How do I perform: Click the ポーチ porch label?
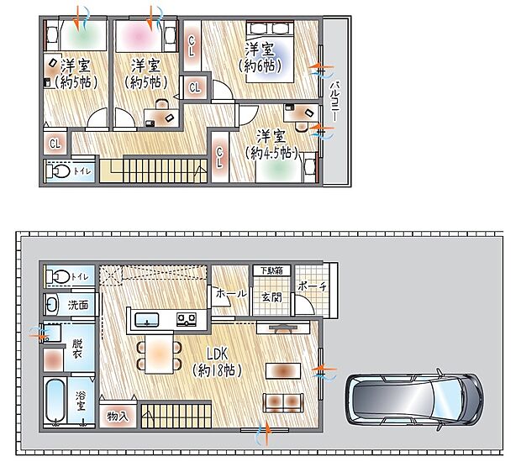click(x=313, y=286)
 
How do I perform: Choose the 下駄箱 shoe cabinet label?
click(x=271, y=270)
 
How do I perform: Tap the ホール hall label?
click(x=231, y=294)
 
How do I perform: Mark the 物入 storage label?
click(x=118, y=416)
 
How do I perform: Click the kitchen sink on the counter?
click(x=147, y=319)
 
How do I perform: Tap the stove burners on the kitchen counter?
click(x=186, y=318)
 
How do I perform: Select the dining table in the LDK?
click(x=157, y=354)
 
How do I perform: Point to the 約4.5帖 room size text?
click(x=271, y=153)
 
